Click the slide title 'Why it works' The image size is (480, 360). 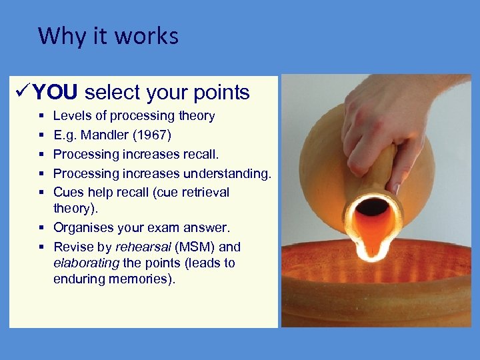point(108,35)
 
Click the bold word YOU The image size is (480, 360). point(55,92)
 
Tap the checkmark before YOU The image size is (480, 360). point(21,92)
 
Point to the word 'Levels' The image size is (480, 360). point(70,116)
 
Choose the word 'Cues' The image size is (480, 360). point(68,192)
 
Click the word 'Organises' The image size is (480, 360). point(83,228)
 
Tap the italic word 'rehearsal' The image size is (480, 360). point(144,247)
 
